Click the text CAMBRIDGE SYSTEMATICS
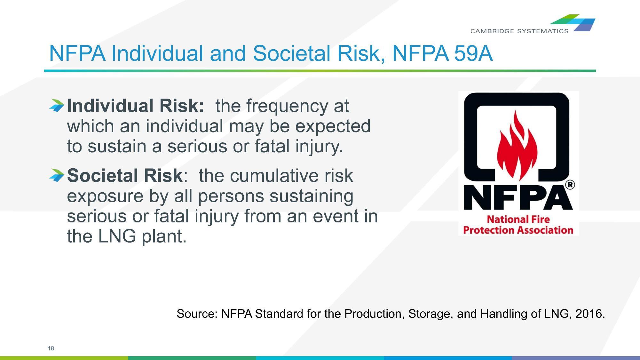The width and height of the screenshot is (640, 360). pyautogui.click(x=519, y=31)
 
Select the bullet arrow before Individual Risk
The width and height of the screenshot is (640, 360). pyautogui.click(x=57, y=105)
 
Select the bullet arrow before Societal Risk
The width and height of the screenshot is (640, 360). pyautogui.click(x=57, y=175)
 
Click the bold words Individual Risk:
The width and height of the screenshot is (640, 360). pyautogui.click(x=135, y=106)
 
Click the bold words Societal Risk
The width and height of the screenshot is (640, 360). pyautogui.click(x=125, y=175)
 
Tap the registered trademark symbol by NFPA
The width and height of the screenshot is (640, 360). pyautogui.click(x=570, y=185)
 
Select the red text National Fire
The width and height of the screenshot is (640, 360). pyautogui.click(x=518, y=219)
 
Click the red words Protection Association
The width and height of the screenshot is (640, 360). pyautogui.click(x=518, y=230)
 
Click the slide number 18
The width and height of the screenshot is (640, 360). pyautogui.click(x=51, y=348)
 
